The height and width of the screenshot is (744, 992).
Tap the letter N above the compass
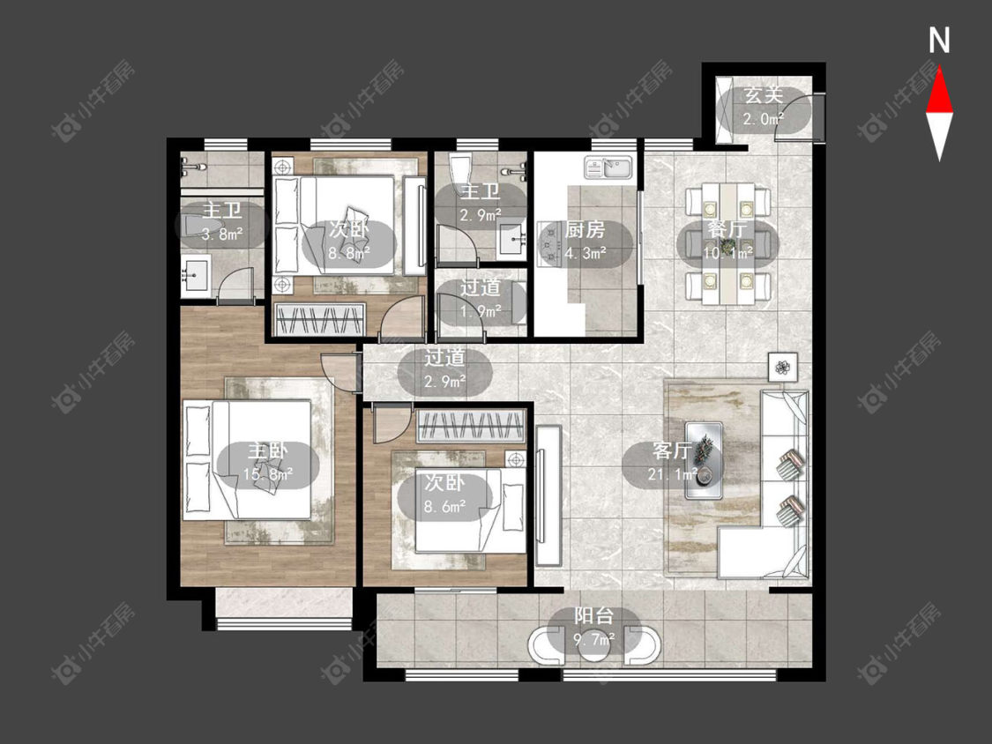939,41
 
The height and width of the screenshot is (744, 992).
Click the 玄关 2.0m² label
763,107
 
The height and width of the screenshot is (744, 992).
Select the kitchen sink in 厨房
608,168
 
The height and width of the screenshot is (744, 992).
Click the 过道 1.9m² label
481,299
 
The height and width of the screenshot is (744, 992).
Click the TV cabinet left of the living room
548,495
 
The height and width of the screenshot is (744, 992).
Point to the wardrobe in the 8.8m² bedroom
319,319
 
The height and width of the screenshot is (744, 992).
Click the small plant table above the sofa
783,367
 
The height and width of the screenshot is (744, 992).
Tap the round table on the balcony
594,646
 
